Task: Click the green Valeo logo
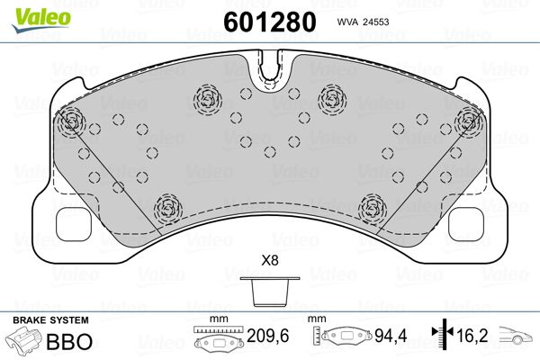point(40,20)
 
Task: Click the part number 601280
point(270,22)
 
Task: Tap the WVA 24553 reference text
point(363,22)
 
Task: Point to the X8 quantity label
point(270,260)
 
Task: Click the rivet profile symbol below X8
point(270,292)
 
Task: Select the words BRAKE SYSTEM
point(50,320)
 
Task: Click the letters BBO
point(69,341)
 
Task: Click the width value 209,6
point(268,336)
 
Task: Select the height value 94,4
point(391,336)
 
